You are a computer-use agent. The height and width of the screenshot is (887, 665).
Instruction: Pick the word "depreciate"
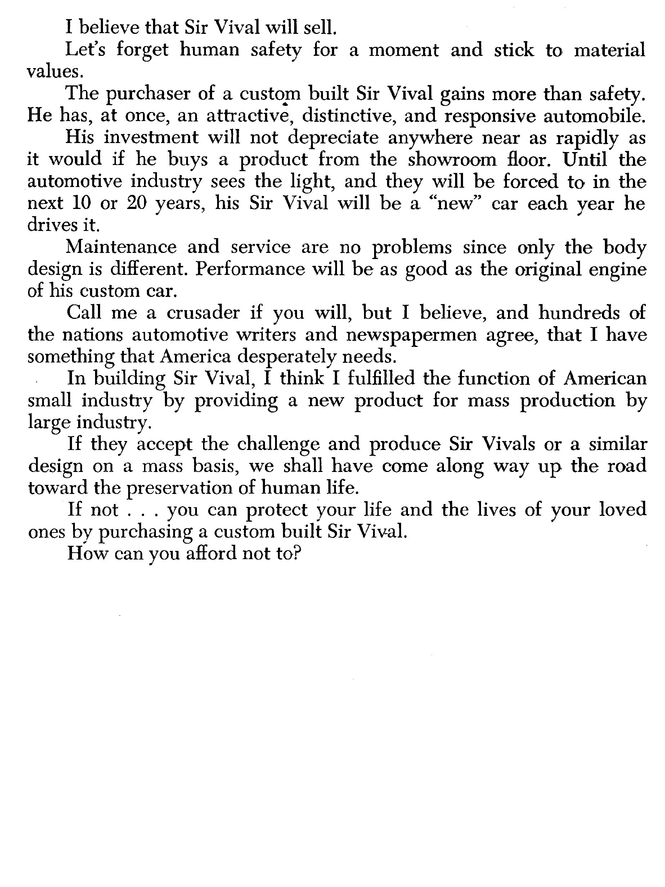[x=333, y=138]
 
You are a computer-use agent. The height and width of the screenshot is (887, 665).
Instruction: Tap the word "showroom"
[x=452, y=160]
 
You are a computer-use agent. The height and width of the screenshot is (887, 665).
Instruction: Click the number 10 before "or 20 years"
[x=82, y=203]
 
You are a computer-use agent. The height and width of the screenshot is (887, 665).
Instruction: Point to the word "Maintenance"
[x=121, y=247]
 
